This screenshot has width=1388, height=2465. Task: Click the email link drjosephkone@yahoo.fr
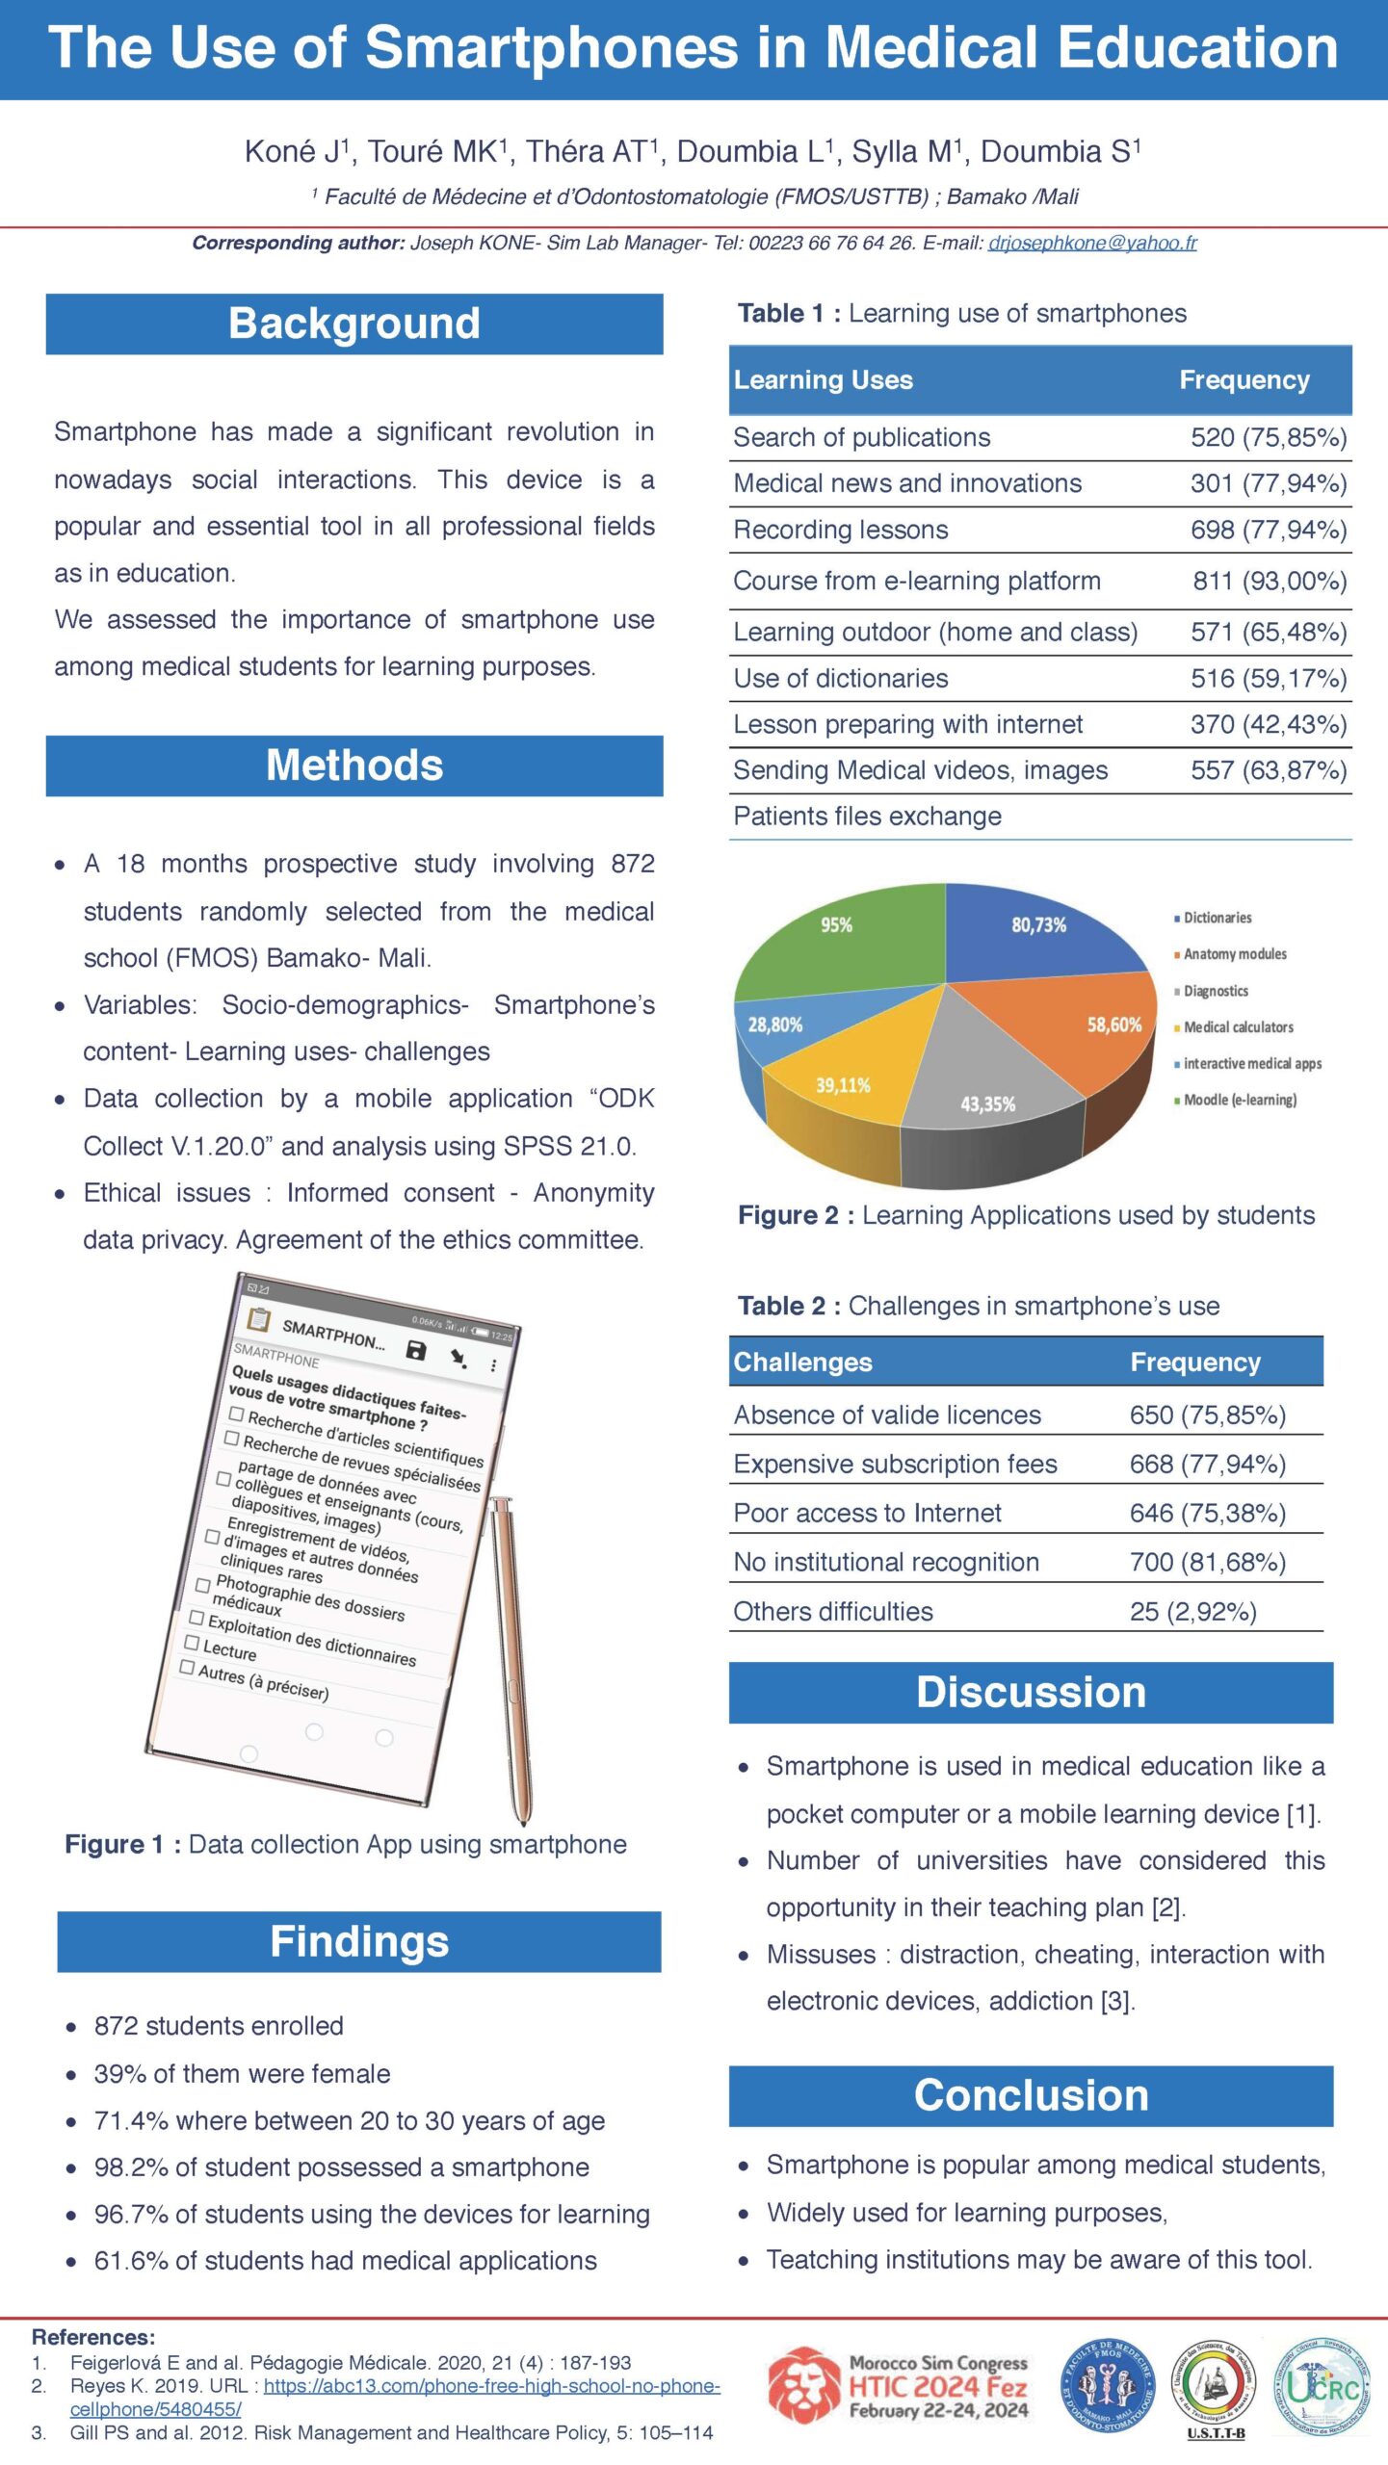[x=1091, y=243]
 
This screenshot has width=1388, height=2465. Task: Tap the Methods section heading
[x=354, y=765]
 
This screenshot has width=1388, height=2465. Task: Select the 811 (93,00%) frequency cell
[x=1269, y=581]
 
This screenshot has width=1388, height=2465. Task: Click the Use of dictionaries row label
[x=840, y=678]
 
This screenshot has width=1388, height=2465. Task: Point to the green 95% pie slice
[x=848, y=944]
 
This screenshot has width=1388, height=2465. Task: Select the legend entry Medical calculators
[x=1238, y=1027]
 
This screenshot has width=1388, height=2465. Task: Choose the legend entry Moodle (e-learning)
[x=1239, y=1100]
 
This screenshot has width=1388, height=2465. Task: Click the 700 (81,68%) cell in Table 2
[x=1207, y=1562]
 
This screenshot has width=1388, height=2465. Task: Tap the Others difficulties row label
[x=833, y=1611]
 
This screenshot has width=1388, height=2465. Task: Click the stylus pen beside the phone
[x=512, y=1656]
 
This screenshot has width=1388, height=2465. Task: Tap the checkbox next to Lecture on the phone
[x=192, y=1642]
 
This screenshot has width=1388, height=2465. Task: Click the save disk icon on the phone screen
[x=415, y=1350]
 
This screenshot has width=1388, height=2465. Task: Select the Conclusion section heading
[x=1031, y=2095]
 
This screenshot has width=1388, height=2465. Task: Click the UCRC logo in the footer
[x=1323, y=2387]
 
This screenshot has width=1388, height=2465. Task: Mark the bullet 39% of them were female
[x=242, y=2073]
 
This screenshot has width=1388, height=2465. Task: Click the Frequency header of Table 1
[x=1244, y=380]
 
